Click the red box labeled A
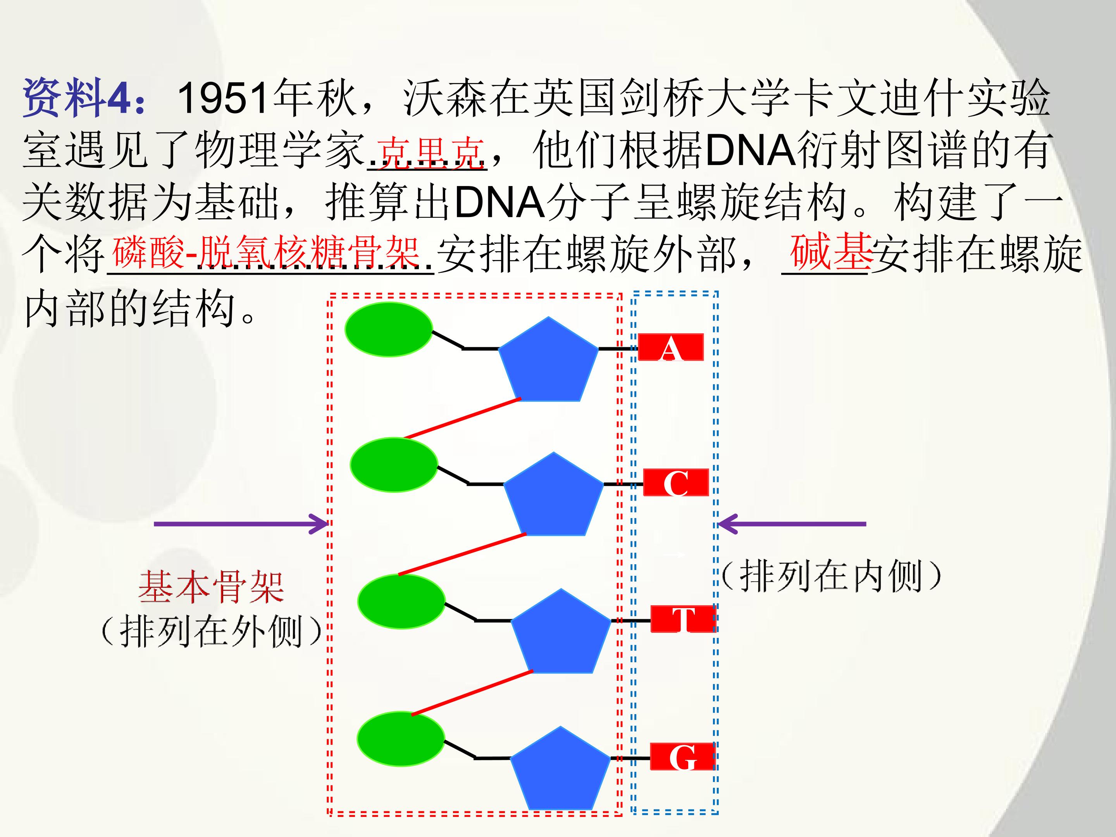point(670,347)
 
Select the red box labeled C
point(676,483)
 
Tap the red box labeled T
point(683,619)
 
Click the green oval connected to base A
point(389,329)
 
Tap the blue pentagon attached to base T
point(561,630)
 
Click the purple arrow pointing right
point(241,524)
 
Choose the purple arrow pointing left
point(792,524)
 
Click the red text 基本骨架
point(212,587)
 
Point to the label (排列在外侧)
point(212,630)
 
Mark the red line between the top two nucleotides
point(463,418)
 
